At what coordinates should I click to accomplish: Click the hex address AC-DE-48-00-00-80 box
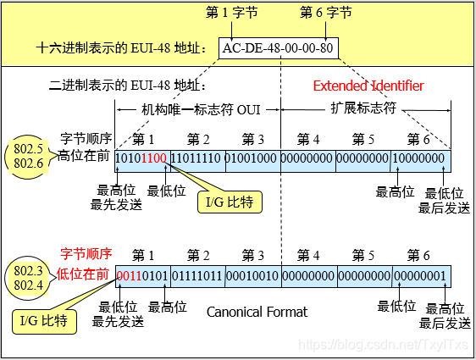(278, 47)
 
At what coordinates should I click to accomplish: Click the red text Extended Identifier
(368, 86)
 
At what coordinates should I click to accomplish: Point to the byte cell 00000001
(418, 275)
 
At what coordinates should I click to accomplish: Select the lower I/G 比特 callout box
(42, 322)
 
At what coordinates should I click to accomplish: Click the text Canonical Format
(257, 313)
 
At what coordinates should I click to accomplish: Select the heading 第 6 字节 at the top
(328, 13)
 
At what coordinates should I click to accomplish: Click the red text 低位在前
(85, 274)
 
